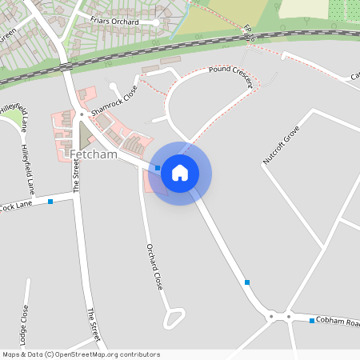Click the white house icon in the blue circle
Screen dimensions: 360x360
(180, 173)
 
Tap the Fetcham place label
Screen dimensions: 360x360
(94, 153)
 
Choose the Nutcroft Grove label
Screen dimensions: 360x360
(280, 145)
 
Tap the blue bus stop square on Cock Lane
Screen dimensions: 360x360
(50, 202)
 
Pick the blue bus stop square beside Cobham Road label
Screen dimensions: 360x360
(312, 321)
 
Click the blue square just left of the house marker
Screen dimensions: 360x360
(158, 168)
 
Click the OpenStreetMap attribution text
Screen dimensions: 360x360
(80, 354)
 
